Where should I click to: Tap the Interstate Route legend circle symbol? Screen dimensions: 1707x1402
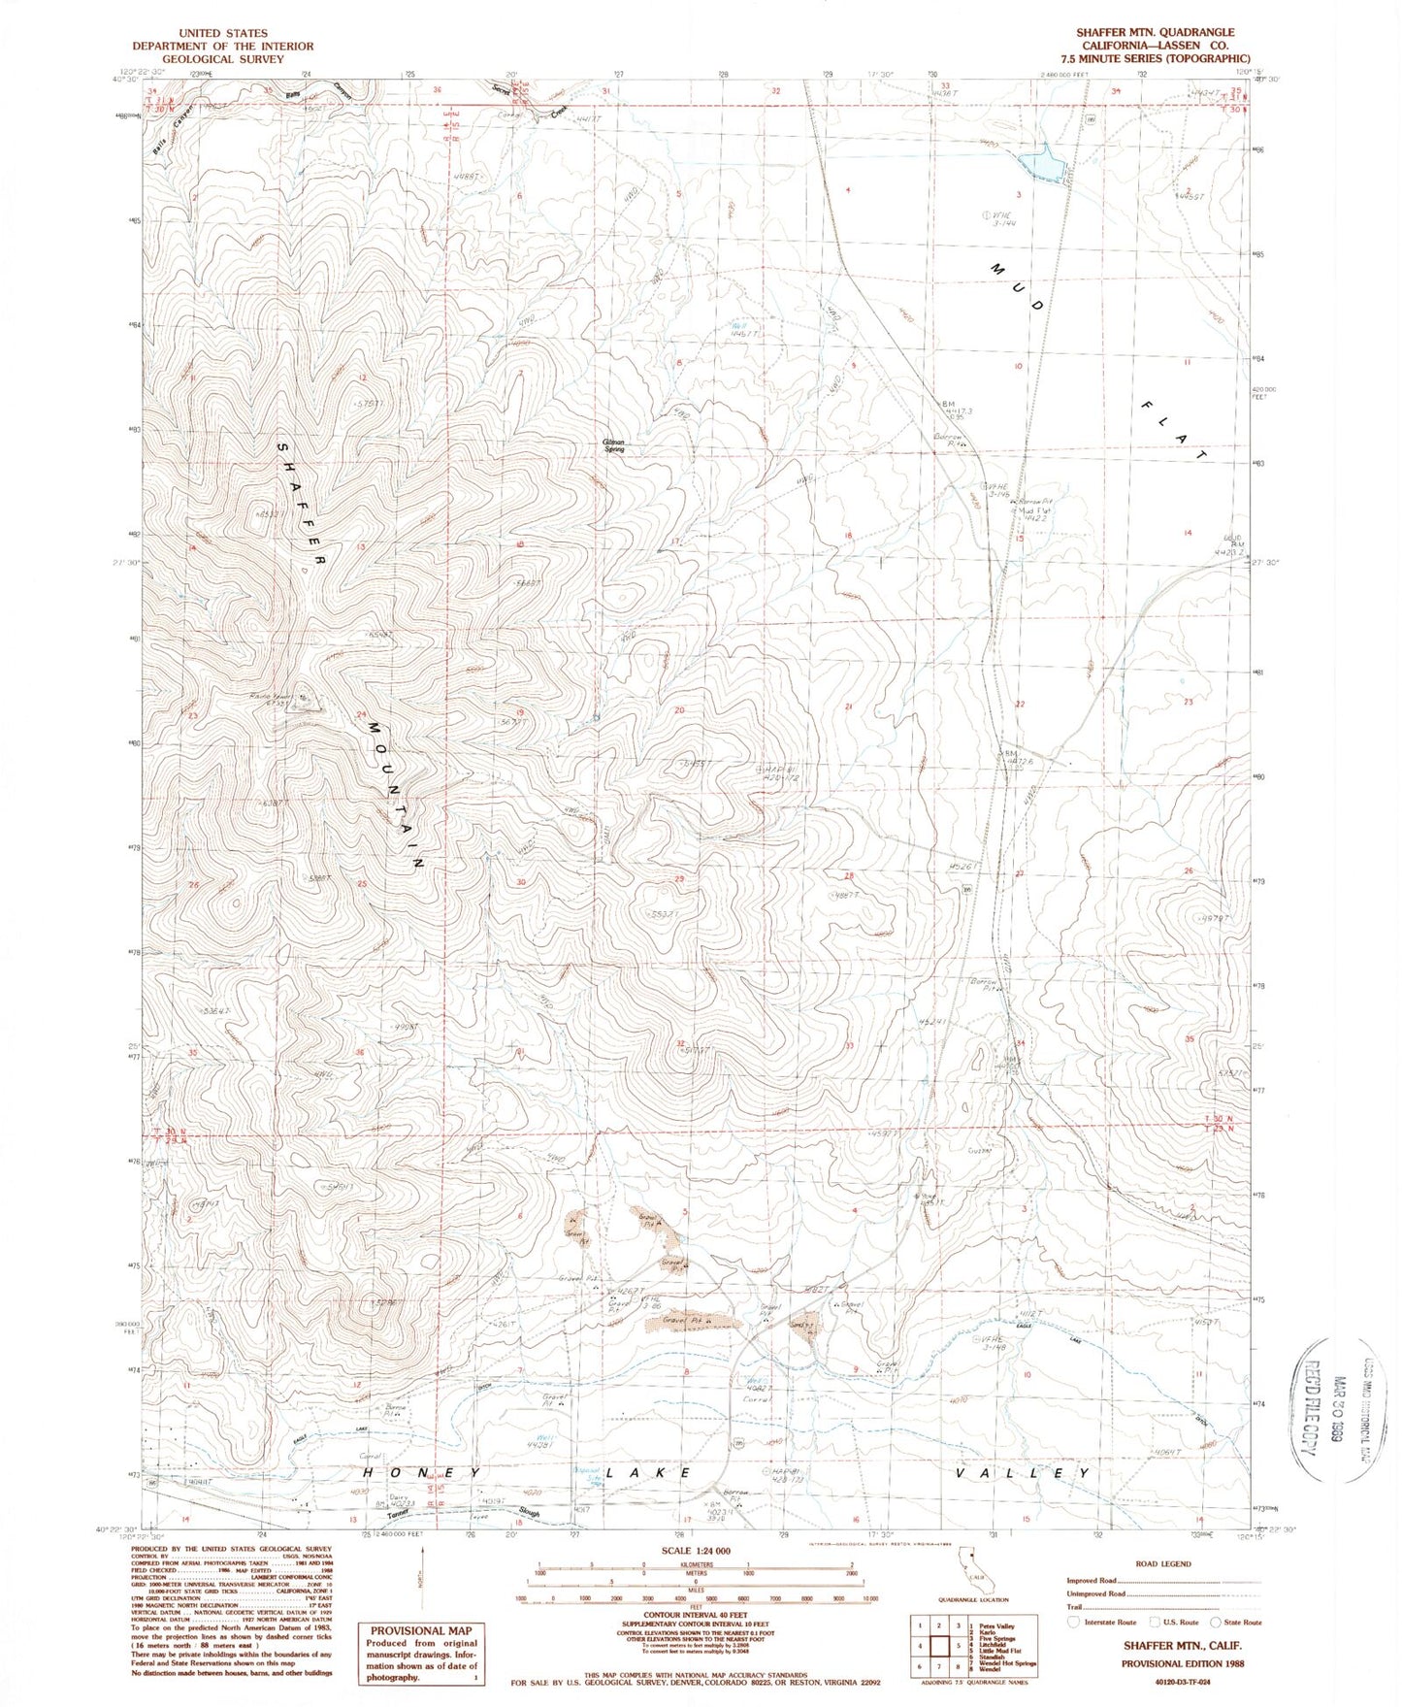1073,1622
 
